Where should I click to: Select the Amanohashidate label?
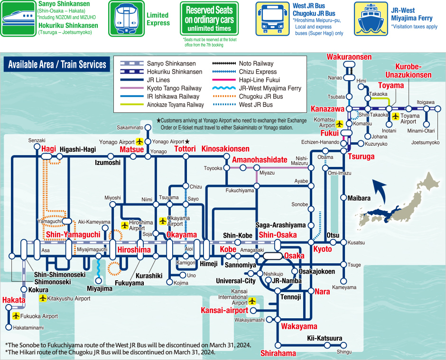(x=260, y=160)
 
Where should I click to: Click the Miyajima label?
(x=100, y=289)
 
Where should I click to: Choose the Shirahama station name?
(x=278, y=353)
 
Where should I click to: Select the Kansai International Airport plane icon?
(x=252, y=301)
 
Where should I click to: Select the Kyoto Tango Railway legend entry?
(x=161, y=88)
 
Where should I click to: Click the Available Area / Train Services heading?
(x=57, y=65)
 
